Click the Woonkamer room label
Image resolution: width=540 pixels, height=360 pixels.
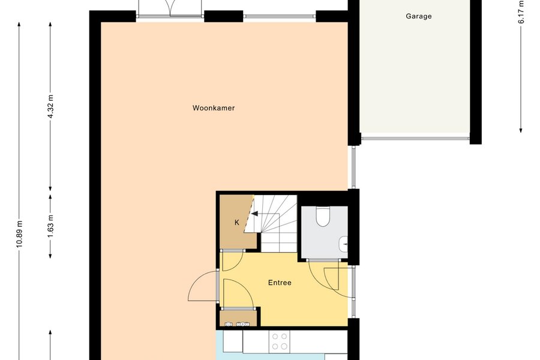[214, 108]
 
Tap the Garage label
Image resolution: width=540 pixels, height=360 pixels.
[418, 16]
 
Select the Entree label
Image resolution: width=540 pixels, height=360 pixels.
[280, 283]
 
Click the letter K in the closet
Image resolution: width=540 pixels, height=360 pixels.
[237, 223]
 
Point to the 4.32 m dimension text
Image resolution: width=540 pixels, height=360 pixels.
[50, 106]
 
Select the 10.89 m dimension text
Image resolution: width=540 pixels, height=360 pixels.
[19, 234]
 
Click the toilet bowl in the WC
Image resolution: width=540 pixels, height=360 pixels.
[323, 217]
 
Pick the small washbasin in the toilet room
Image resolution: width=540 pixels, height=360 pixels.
[343, 244]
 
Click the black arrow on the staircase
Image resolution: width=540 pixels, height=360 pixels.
[254, 214]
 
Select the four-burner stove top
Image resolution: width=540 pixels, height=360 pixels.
[279, 342]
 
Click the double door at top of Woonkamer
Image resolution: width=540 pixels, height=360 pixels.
[169, 8]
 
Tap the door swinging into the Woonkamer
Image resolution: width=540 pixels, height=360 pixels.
[203, 286]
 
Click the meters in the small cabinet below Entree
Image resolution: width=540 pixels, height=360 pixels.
[237, 324]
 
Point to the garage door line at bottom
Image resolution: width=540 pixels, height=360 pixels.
[415, 139]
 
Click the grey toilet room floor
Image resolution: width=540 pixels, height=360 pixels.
[324, 232]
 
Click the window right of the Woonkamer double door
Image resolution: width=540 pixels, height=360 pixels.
[280, 16]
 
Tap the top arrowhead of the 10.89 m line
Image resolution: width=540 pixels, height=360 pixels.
[19, 24]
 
